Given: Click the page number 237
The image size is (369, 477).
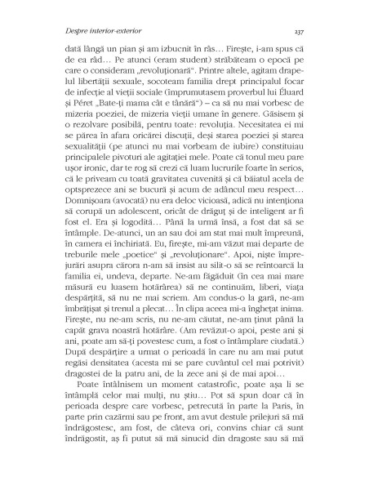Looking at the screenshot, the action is (298, 32).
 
